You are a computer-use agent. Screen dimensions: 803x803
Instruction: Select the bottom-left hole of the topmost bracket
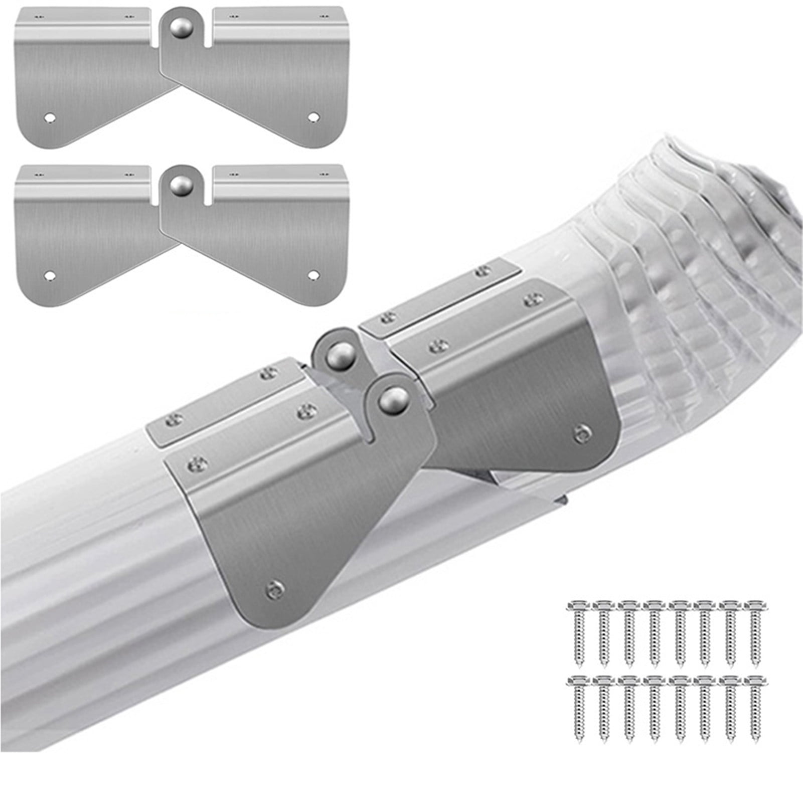[49, 117]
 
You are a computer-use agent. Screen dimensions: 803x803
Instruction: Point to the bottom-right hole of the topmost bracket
[313, 117]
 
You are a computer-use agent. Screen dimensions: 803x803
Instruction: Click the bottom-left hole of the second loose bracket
[49, 276]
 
